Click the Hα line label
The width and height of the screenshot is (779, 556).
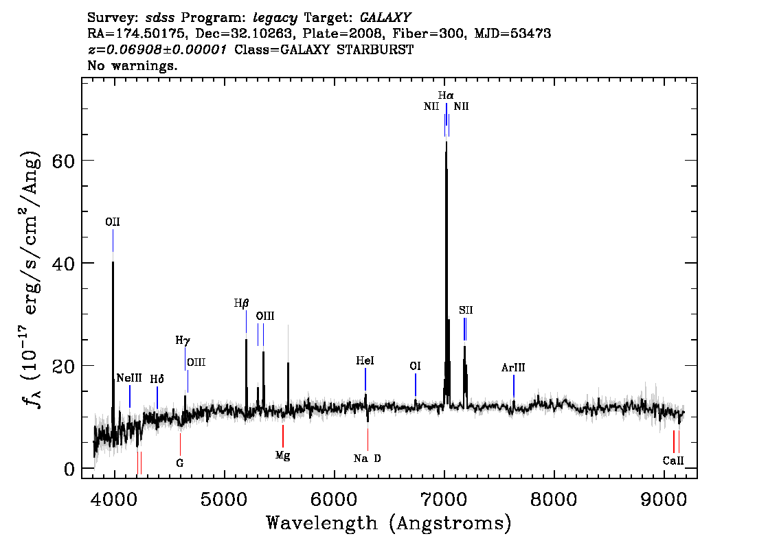(x=446, y=95)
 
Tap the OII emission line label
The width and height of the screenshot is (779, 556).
(x=112, y=222)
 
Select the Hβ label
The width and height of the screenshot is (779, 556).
(x=241, y=303)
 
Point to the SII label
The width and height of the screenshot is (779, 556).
(x=466, y=310)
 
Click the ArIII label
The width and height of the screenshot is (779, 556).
(x=513, y=368)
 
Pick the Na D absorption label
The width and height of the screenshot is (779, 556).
(x=367, y=459)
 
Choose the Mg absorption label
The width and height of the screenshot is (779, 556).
(x=283, y=456)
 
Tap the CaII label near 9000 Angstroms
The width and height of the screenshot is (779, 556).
(x=673, y=461)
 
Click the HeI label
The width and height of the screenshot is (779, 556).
(x=365, y=361)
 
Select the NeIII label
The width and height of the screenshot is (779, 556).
(x=129, y=378)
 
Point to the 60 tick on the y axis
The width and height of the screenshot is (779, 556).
(x=63, y=161)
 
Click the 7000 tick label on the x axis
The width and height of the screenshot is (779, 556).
(x=443, y=500)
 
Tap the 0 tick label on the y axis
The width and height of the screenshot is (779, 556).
(x=69, y=469)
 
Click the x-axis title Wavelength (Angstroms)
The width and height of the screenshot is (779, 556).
(x=389, y=523)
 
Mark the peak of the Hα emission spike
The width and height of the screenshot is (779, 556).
(x=446, y=142)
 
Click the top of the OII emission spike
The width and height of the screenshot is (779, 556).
(x=113, y=262)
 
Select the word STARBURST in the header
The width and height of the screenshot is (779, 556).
(x=375, y=49)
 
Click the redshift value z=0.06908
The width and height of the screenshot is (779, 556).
(x=132, y=49)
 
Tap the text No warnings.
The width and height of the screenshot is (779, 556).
(x=132, y=65)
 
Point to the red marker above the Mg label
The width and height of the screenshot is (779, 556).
(x=283, y=436)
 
